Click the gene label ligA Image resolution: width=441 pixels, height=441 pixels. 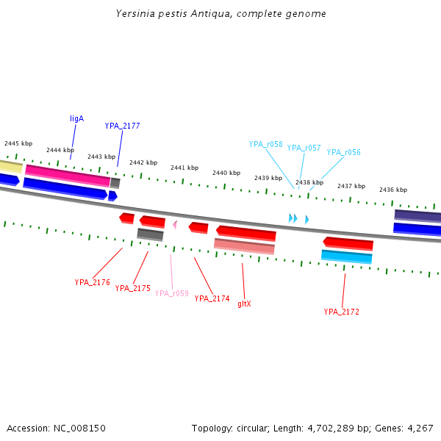click(76, 118)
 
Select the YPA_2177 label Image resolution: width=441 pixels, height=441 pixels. click(122, 126)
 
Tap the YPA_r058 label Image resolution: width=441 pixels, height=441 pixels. click(265, 144)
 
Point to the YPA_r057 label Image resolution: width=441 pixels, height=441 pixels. click(304, 148)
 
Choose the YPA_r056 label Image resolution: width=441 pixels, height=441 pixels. click(343, 152)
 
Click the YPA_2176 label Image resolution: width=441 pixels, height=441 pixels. click(92, 282)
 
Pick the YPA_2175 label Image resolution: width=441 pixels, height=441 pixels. click(132, 288)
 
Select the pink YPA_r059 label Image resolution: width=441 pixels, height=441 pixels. click(171, 293)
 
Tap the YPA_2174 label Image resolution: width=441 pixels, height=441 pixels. click(212, 298)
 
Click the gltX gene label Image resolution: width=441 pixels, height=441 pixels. click(244, 304)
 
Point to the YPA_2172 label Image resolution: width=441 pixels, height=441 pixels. click(341, 312)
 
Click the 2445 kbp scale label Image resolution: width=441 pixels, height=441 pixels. click(18, 143)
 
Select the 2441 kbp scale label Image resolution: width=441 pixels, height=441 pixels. click(184, 168)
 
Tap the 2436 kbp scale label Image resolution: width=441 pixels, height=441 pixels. click(393, 190)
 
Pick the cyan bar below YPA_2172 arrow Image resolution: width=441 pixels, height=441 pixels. click(346, 257)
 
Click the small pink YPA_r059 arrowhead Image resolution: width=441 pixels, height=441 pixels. click(175, 224)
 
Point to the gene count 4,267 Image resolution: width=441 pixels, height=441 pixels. click(420, 428)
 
